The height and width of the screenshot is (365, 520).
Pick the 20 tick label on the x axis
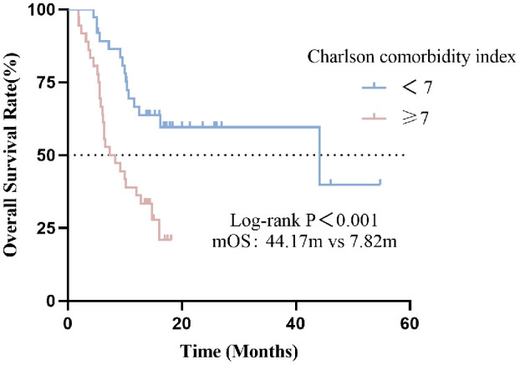tap(181, 323)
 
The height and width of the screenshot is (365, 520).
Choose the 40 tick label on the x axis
tap(296, 323)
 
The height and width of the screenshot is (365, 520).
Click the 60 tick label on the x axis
tap(410, 323)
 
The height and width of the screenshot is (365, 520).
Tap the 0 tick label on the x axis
tap(68, 323)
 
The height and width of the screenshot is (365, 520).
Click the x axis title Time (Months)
tap(239, 352)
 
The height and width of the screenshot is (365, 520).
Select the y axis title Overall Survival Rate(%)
tap(11, 155)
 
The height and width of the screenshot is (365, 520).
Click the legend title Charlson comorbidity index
tap(411, 57)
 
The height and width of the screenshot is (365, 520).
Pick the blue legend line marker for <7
tap(374, 88)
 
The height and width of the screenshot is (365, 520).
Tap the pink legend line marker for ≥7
tap(374, 118)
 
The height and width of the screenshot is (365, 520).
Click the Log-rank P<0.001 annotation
tap(303, 221)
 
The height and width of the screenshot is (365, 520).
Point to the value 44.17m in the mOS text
tap(293, 241)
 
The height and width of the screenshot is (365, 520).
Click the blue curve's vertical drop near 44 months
tap(319, 155)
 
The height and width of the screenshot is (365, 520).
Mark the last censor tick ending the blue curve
tap(380, 182)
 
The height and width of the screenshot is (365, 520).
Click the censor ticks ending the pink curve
tap(167, 237)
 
